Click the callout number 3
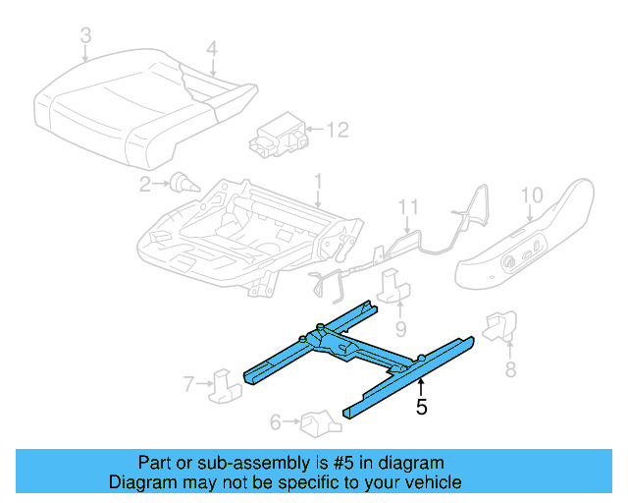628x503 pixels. [x=86, y=36]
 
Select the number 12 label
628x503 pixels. [x=337, y=129]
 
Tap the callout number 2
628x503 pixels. [x=144, y=183]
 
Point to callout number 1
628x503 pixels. [x=317, y=181]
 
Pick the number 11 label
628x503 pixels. [x=407, y=207]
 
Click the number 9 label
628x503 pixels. [x=400, y=328]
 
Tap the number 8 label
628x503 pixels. [x=510, y=369]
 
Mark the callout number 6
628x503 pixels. [x=276, y=422]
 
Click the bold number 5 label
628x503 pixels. [x=421, y=407]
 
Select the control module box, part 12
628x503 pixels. [x=276, y=136]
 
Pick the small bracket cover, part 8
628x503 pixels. [x=500, y=325]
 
